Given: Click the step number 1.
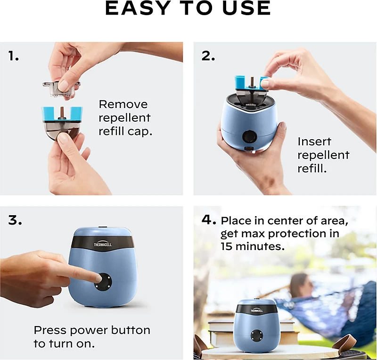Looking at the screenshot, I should click(14, 56).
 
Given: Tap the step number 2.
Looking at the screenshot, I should click(208, 56).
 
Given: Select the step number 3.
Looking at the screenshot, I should click(15, 220).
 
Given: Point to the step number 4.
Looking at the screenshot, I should click(209, 220).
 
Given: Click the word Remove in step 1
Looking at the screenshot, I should click(123, 104).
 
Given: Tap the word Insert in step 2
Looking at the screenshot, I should click(314, 142).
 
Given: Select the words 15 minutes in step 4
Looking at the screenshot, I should click(252, 246).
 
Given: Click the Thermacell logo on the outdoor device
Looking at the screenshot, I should click(256, 310).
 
